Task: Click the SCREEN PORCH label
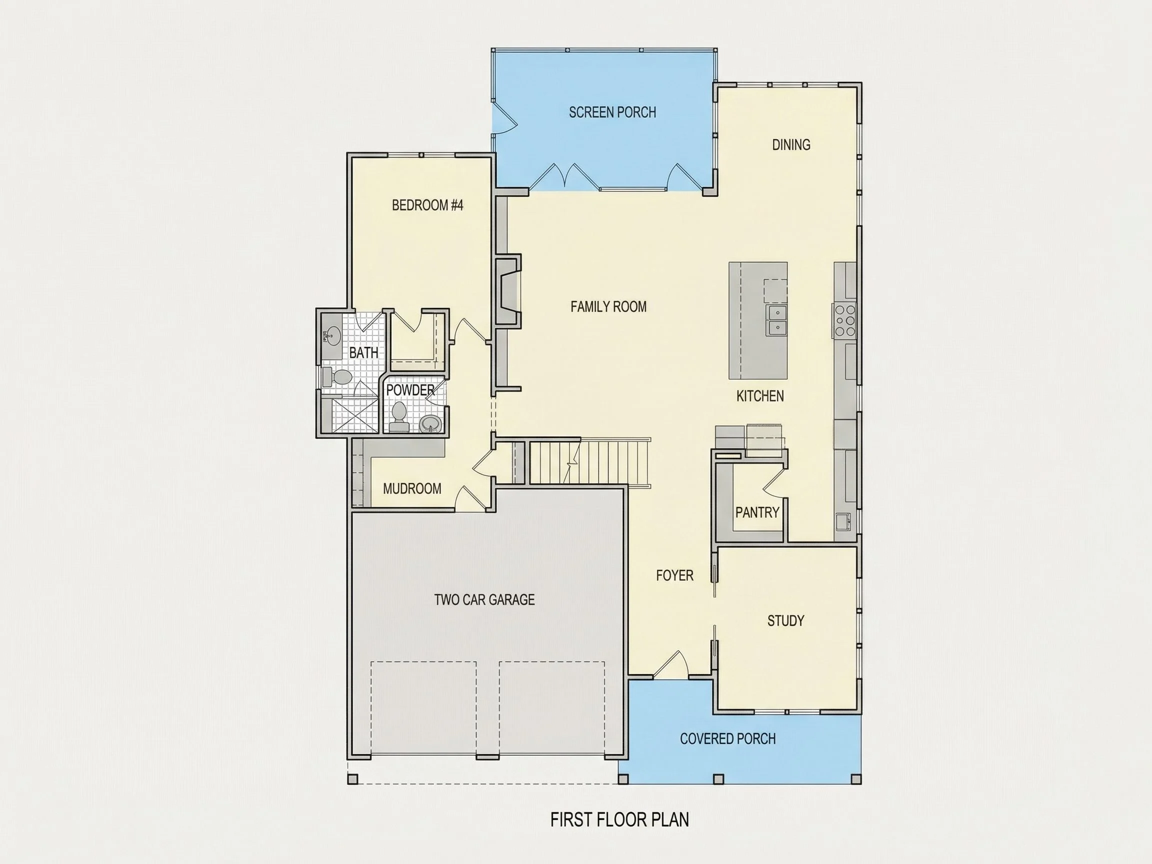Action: [x=612, y=112]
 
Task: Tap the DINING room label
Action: [x=791, y=145]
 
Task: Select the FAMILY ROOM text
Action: [x=608, y=306]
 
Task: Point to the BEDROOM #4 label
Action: [x=427, y=205]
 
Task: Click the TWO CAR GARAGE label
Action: [x=484, y=600]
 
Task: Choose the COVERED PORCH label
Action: [x=727, y=738]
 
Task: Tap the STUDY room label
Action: [x=786, y=621]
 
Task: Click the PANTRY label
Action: [x=757, y=512]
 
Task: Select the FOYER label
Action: [x=674, y=575]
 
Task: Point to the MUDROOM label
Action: [x=412, y=488]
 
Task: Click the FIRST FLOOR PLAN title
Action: [x=619, y=819]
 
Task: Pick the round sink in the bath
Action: [x=332, y=335]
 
